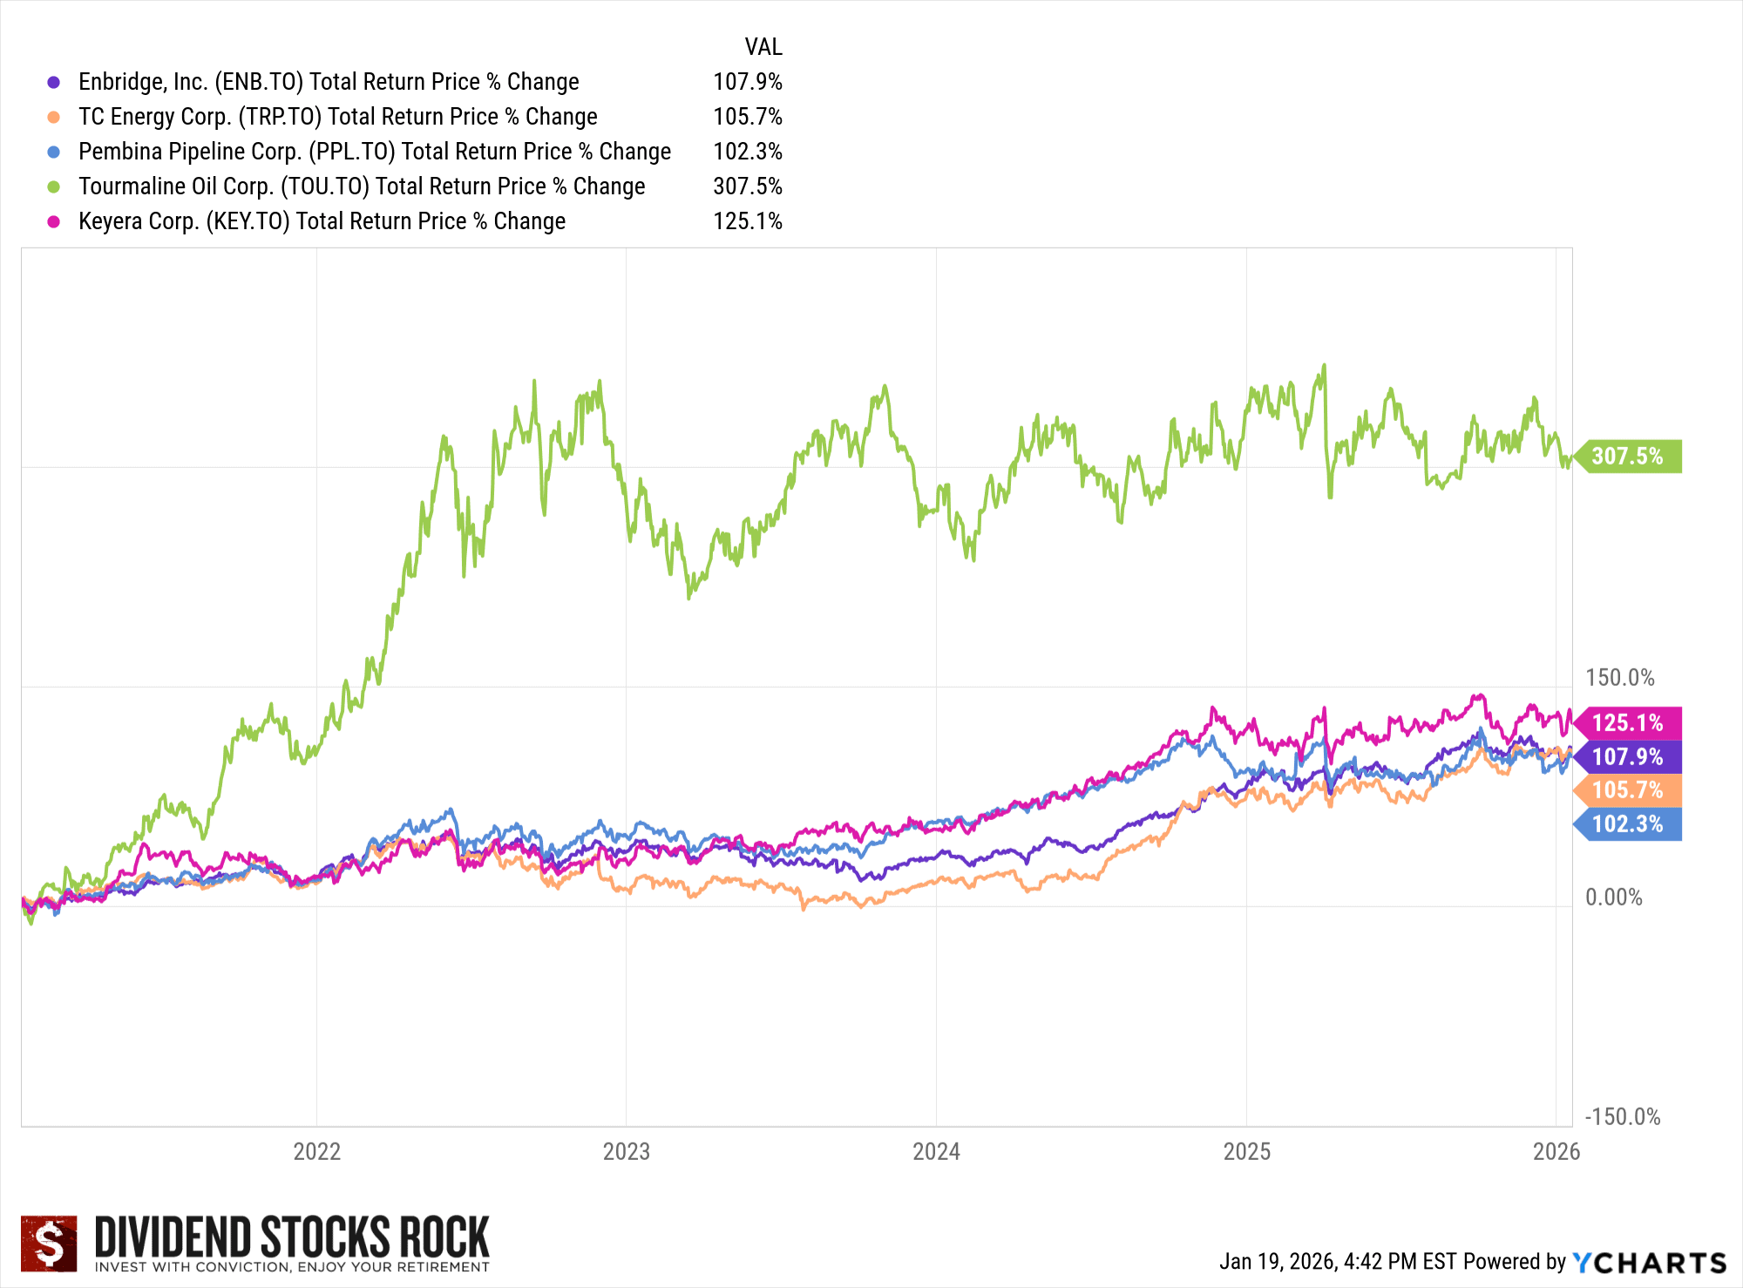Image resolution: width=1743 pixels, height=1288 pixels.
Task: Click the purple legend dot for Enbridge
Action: coord(54,82)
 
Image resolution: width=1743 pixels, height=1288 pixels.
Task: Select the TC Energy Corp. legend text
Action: coord(337,117)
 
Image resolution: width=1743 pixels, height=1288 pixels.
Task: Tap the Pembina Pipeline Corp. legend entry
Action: coord(374,152)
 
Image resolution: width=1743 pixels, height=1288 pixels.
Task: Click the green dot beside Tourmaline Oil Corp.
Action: coord(54,186)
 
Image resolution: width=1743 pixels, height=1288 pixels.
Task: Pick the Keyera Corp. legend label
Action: coord(322,221)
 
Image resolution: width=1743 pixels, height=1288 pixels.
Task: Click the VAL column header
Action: coord(763,47)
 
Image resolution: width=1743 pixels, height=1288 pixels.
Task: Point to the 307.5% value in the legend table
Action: coord(747,186)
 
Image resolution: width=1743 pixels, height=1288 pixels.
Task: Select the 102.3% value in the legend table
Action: coord(747,152)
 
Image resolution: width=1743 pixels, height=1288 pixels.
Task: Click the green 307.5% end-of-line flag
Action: coord(1627,457)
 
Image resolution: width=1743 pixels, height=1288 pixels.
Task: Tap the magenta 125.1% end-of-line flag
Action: coord(1627,723)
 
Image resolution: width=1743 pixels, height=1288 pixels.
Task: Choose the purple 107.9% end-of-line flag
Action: coord(1627,756)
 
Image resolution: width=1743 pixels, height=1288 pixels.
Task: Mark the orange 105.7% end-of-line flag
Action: coord(1627,790)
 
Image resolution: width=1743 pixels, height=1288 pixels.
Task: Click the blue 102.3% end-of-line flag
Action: coord(1627,824)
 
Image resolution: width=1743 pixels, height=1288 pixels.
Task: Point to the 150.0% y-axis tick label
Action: coord(1619,678)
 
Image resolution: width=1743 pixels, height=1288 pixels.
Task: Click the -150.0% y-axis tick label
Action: coord(1622,1117)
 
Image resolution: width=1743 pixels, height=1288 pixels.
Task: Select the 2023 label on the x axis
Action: coord(626,1152)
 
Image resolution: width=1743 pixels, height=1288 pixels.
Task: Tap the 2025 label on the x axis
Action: coord(1246,1152)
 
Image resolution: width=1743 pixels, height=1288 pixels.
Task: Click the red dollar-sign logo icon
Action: coord(49,1244)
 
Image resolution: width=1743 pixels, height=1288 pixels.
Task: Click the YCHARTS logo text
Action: coord(1650,1263)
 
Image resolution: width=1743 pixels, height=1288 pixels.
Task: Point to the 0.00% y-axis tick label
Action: coord(1613,898)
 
